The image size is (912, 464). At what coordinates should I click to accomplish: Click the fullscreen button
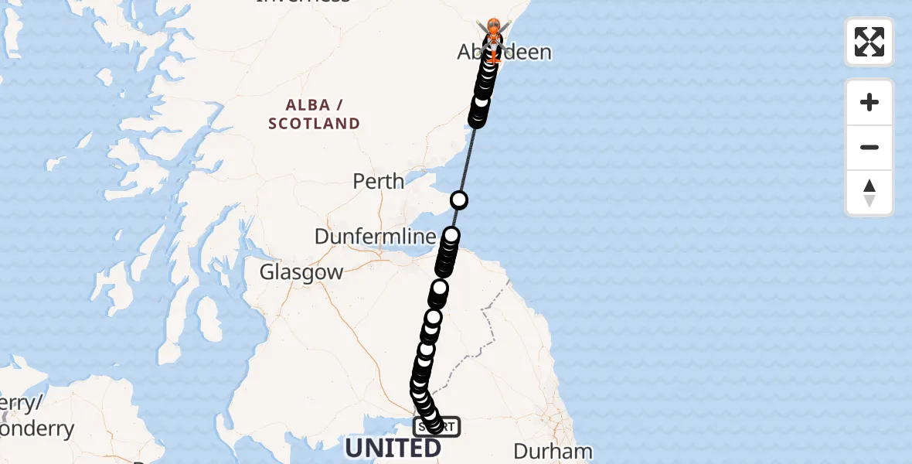[x=869, y=42]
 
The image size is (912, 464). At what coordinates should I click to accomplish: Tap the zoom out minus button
[x=869, y=147]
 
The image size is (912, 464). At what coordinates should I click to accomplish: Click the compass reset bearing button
[x=869, y=193]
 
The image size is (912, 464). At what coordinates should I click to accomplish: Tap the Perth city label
[x=378, y=182]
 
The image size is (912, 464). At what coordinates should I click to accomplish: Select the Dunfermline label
[x=376, y=237]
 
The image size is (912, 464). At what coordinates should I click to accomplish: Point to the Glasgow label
[x=301, y=272]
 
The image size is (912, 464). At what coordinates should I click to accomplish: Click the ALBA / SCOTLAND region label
[x=315, y=114]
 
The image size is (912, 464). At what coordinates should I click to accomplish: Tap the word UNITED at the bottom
[x=393, y=449]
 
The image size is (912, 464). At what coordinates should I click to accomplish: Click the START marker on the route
[x=437, y=426]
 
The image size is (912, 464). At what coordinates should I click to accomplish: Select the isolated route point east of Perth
[x=459, y=200]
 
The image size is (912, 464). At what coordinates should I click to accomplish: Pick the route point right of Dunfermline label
[x=451, y=235]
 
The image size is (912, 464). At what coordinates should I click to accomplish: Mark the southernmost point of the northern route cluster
[x=477, y=120]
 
